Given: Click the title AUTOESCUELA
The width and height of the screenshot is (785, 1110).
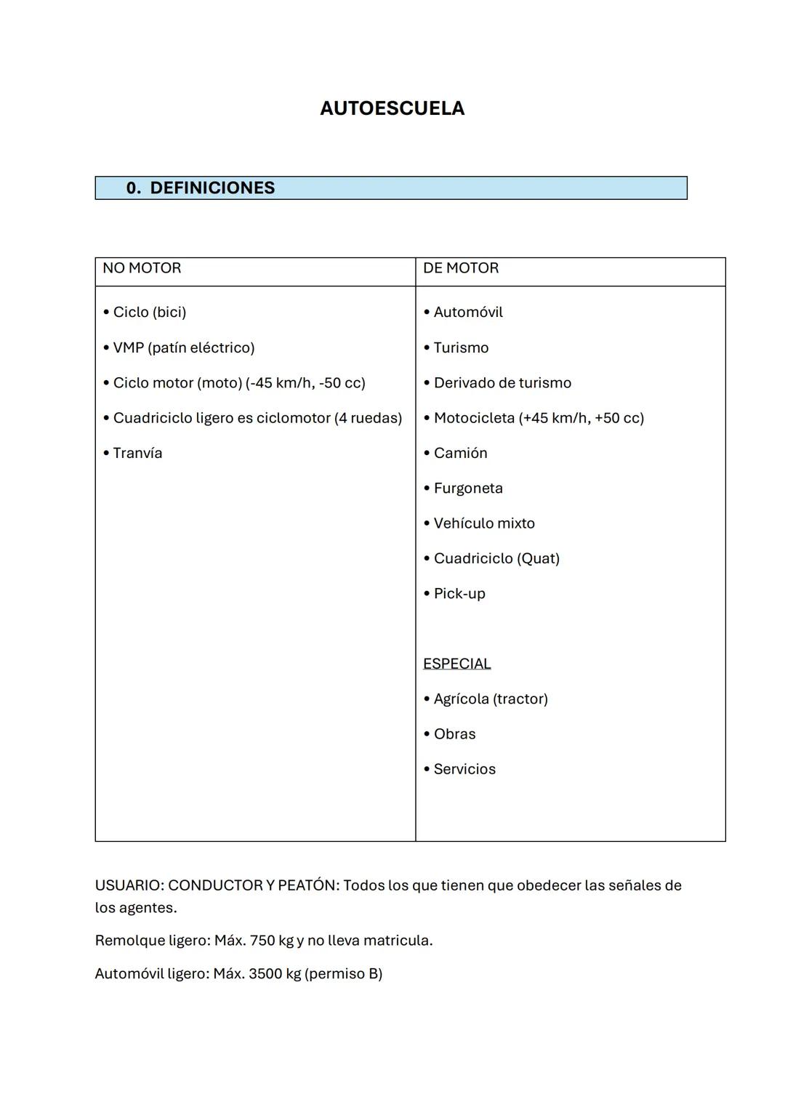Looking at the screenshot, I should click(392, 108).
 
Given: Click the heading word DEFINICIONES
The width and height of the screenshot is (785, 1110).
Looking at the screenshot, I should click(212, 188).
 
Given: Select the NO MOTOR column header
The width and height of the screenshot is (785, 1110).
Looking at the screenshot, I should click(142, 268).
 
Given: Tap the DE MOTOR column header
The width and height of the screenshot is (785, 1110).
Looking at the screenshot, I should click(461, 268).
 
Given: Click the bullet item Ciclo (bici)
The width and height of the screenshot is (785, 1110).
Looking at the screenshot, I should click(149, 313).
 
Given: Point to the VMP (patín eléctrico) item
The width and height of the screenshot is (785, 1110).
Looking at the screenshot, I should click(183, 347).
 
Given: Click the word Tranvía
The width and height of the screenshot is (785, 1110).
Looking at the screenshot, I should click(137, 454).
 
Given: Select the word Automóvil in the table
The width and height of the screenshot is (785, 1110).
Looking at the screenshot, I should click(468, 313).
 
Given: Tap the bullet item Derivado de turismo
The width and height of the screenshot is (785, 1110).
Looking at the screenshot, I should click(502, 383).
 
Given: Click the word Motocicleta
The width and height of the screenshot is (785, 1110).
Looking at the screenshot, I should click(474, 418).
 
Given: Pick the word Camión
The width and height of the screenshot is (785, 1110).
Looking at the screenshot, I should click(460, 454).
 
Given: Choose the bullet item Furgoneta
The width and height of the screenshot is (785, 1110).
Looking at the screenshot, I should click(468, 488).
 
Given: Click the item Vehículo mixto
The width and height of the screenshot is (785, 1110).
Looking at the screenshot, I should click(484, 523).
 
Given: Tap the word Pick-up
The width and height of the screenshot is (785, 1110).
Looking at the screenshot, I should click(459, 594).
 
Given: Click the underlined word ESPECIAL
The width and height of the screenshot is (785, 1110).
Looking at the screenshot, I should click(456, 664).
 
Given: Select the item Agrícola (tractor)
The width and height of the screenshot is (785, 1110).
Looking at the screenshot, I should click(491, 699).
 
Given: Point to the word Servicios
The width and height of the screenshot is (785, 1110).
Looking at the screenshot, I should click(464, 769).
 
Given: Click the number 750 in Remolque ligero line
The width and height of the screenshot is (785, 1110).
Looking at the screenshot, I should click(262, 941).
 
